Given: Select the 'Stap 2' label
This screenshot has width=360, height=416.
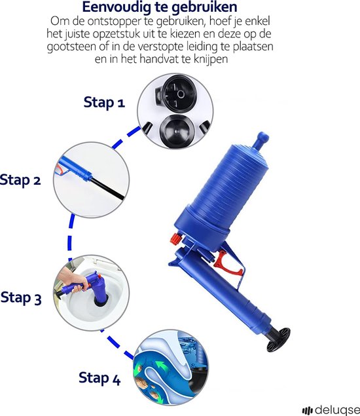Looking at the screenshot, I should pyautogui.click(x=20, y=179).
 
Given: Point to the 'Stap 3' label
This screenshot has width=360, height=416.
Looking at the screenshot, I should pyautogui.click(x=25, y=297).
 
